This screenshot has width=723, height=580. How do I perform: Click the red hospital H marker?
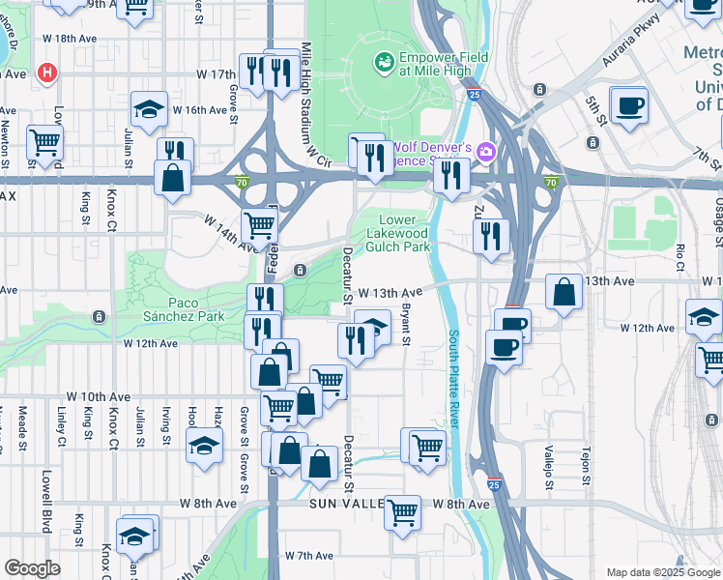pyautogui.click(x=45, y=72)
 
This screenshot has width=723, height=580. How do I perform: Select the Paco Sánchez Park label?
pyautogui.click(x=183, y=309)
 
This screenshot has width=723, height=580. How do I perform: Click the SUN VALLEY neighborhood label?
pyautogui.click(x=346, y=505)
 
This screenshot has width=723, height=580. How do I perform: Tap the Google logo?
pyautogui.click(x=33, y=568)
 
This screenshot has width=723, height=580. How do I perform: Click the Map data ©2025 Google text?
pyautogui.click(x=662, y=572)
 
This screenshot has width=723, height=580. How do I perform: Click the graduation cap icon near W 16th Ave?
pyautogui.click(x=150, y=108)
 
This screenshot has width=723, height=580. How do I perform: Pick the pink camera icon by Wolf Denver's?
pyautogui.click(x=485, y=150)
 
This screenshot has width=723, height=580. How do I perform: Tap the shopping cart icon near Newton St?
pyautogui.click(x=44, y=142)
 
